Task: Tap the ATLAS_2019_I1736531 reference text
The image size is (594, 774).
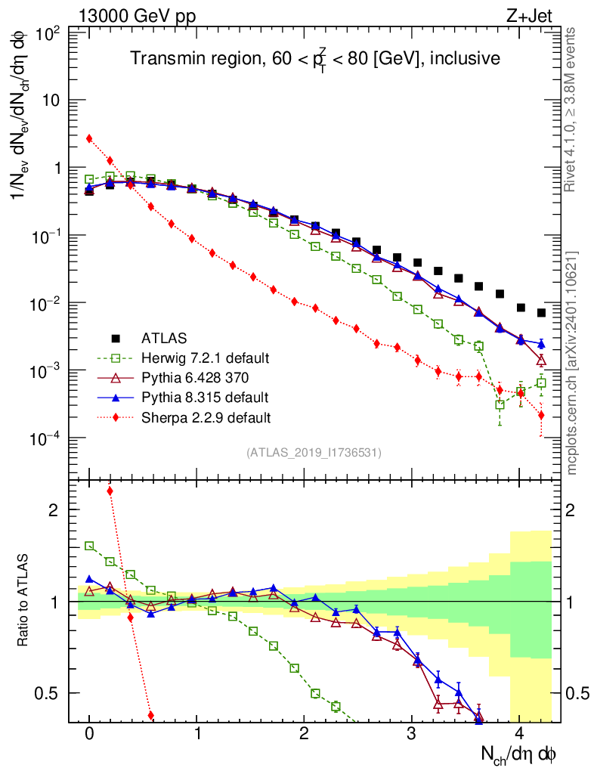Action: tap(314, 452)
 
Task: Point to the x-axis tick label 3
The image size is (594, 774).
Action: tap(412, 734)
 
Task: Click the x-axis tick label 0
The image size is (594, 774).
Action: tap(89, 734)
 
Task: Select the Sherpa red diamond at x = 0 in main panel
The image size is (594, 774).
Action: tap(89, 138)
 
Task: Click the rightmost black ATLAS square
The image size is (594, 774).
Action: tap(541, 313)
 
